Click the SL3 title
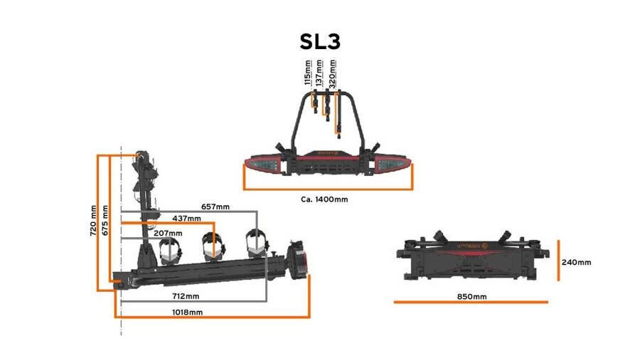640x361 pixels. click(319, 41)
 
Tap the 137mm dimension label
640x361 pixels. click(319, 73)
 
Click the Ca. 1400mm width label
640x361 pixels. click(324, 199)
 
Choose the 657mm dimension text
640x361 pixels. click(215, 206)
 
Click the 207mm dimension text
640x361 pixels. click(168, 232)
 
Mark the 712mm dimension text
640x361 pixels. click(185, 295)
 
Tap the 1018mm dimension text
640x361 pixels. click(187, 312)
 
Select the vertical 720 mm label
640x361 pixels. click(92, 221)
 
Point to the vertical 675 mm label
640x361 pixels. click(105, 221)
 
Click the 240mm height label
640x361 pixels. click(576, 262)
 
